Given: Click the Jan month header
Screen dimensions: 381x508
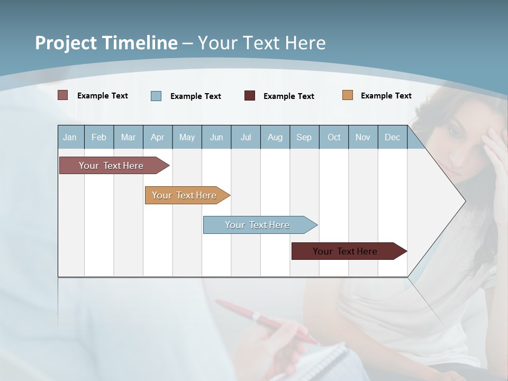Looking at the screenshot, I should [x=70, y=137].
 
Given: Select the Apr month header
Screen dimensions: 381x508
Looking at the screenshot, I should [x=158, y=137].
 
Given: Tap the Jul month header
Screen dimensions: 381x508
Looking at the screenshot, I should [x=246, y=137].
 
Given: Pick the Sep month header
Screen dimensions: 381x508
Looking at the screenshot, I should [x=304, y=137].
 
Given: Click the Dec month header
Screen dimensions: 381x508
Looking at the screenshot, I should [x=392, y=137].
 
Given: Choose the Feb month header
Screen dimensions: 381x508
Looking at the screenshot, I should [x=99, y=137].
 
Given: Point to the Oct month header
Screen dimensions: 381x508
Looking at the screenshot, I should [x=334, y=137].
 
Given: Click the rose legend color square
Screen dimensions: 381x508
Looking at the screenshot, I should [x=63, y=95].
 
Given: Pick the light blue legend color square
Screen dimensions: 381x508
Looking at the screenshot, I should [x=156, y=96].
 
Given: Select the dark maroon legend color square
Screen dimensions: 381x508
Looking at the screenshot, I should [x=250, y=96].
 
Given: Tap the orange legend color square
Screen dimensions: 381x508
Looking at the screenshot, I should [x=348, y=95].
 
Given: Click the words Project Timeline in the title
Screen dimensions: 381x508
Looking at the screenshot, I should [x=106, y=43].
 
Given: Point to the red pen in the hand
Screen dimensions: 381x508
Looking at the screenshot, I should [x=265, y=320].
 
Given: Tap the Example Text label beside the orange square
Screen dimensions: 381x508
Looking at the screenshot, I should [x=386, y=96].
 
